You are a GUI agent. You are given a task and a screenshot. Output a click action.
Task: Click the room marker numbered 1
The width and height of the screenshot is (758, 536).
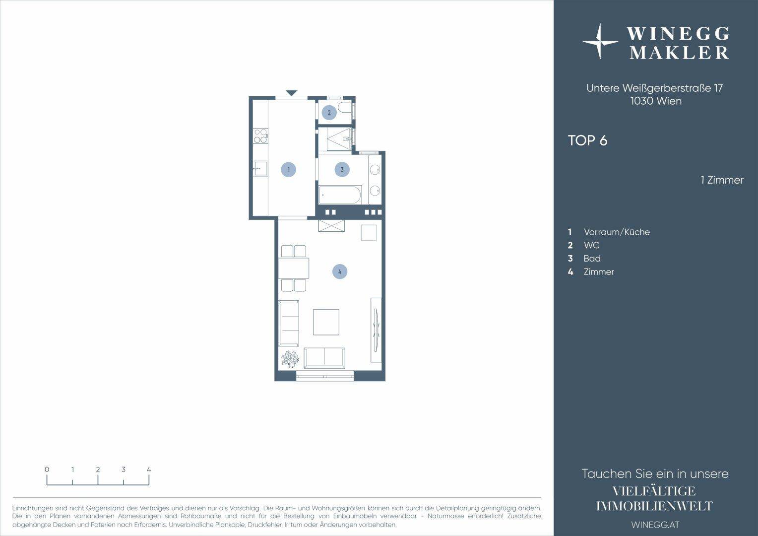coord(289,169)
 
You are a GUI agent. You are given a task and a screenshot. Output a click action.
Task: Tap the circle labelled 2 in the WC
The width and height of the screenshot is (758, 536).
coord(329,113)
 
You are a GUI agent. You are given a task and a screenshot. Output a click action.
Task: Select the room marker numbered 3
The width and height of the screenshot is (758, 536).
coord(342,169)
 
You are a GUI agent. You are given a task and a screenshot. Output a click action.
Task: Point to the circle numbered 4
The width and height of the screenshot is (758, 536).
coord(340,271)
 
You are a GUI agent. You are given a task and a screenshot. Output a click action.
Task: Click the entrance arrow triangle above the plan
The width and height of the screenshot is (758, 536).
coord(291,92)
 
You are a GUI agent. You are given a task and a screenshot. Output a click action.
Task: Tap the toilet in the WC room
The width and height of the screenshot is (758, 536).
coord(345,107)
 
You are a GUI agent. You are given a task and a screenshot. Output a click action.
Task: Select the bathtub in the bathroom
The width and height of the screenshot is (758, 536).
coord(340,195)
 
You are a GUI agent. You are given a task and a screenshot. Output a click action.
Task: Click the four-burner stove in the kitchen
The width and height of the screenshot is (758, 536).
coord(260,136)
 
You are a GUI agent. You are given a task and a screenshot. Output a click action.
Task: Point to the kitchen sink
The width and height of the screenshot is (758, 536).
coord(260,168)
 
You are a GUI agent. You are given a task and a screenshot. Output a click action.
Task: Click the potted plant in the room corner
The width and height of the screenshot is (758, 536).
coord(290,359)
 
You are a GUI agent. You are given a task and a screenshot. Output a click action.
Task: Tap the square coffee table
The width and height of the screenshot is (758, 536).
coord(326,322)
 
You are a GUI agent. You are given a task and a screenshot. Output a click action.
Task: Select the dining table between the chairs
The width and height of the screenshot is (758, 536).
coord(294,268)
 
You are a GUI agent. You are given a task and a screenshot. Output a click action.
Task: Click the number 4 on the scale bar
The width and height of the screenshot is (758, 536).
coord(149,469)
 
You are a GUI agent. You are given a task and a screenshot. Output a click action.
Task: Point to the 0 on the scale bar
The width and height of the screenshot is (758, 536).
coord(47,469)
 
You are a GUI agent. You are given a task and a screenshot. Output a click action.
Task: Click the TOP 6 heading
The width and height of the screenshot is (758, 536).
coord(587,140)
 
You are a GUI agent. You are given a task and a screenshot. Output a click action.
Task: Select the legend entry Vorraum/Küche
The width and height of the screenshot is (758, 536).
coord(617,232)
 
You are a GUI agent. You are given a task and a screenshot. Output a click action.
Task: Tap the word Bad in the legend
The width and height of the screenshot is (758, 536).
coord(592,259)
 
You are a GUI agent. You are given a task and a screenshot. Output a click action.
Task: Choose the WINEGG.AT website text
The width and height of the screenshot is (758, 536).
coord(655,525)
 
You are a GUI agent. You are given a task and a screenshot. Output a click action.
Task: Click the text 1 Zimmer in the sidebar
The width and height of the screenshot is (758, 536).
coord(722,180)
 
